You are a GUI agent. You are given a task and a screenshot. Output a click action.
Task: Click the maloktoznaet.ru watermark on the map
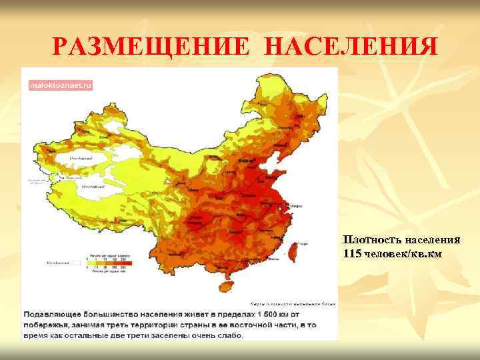point(61,85)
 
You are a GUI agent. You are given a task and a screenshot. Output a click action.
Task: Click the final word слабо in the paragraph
point(229,335)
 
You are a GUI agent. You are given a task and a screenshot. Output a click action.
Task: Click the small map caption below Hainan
point(293,302)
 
